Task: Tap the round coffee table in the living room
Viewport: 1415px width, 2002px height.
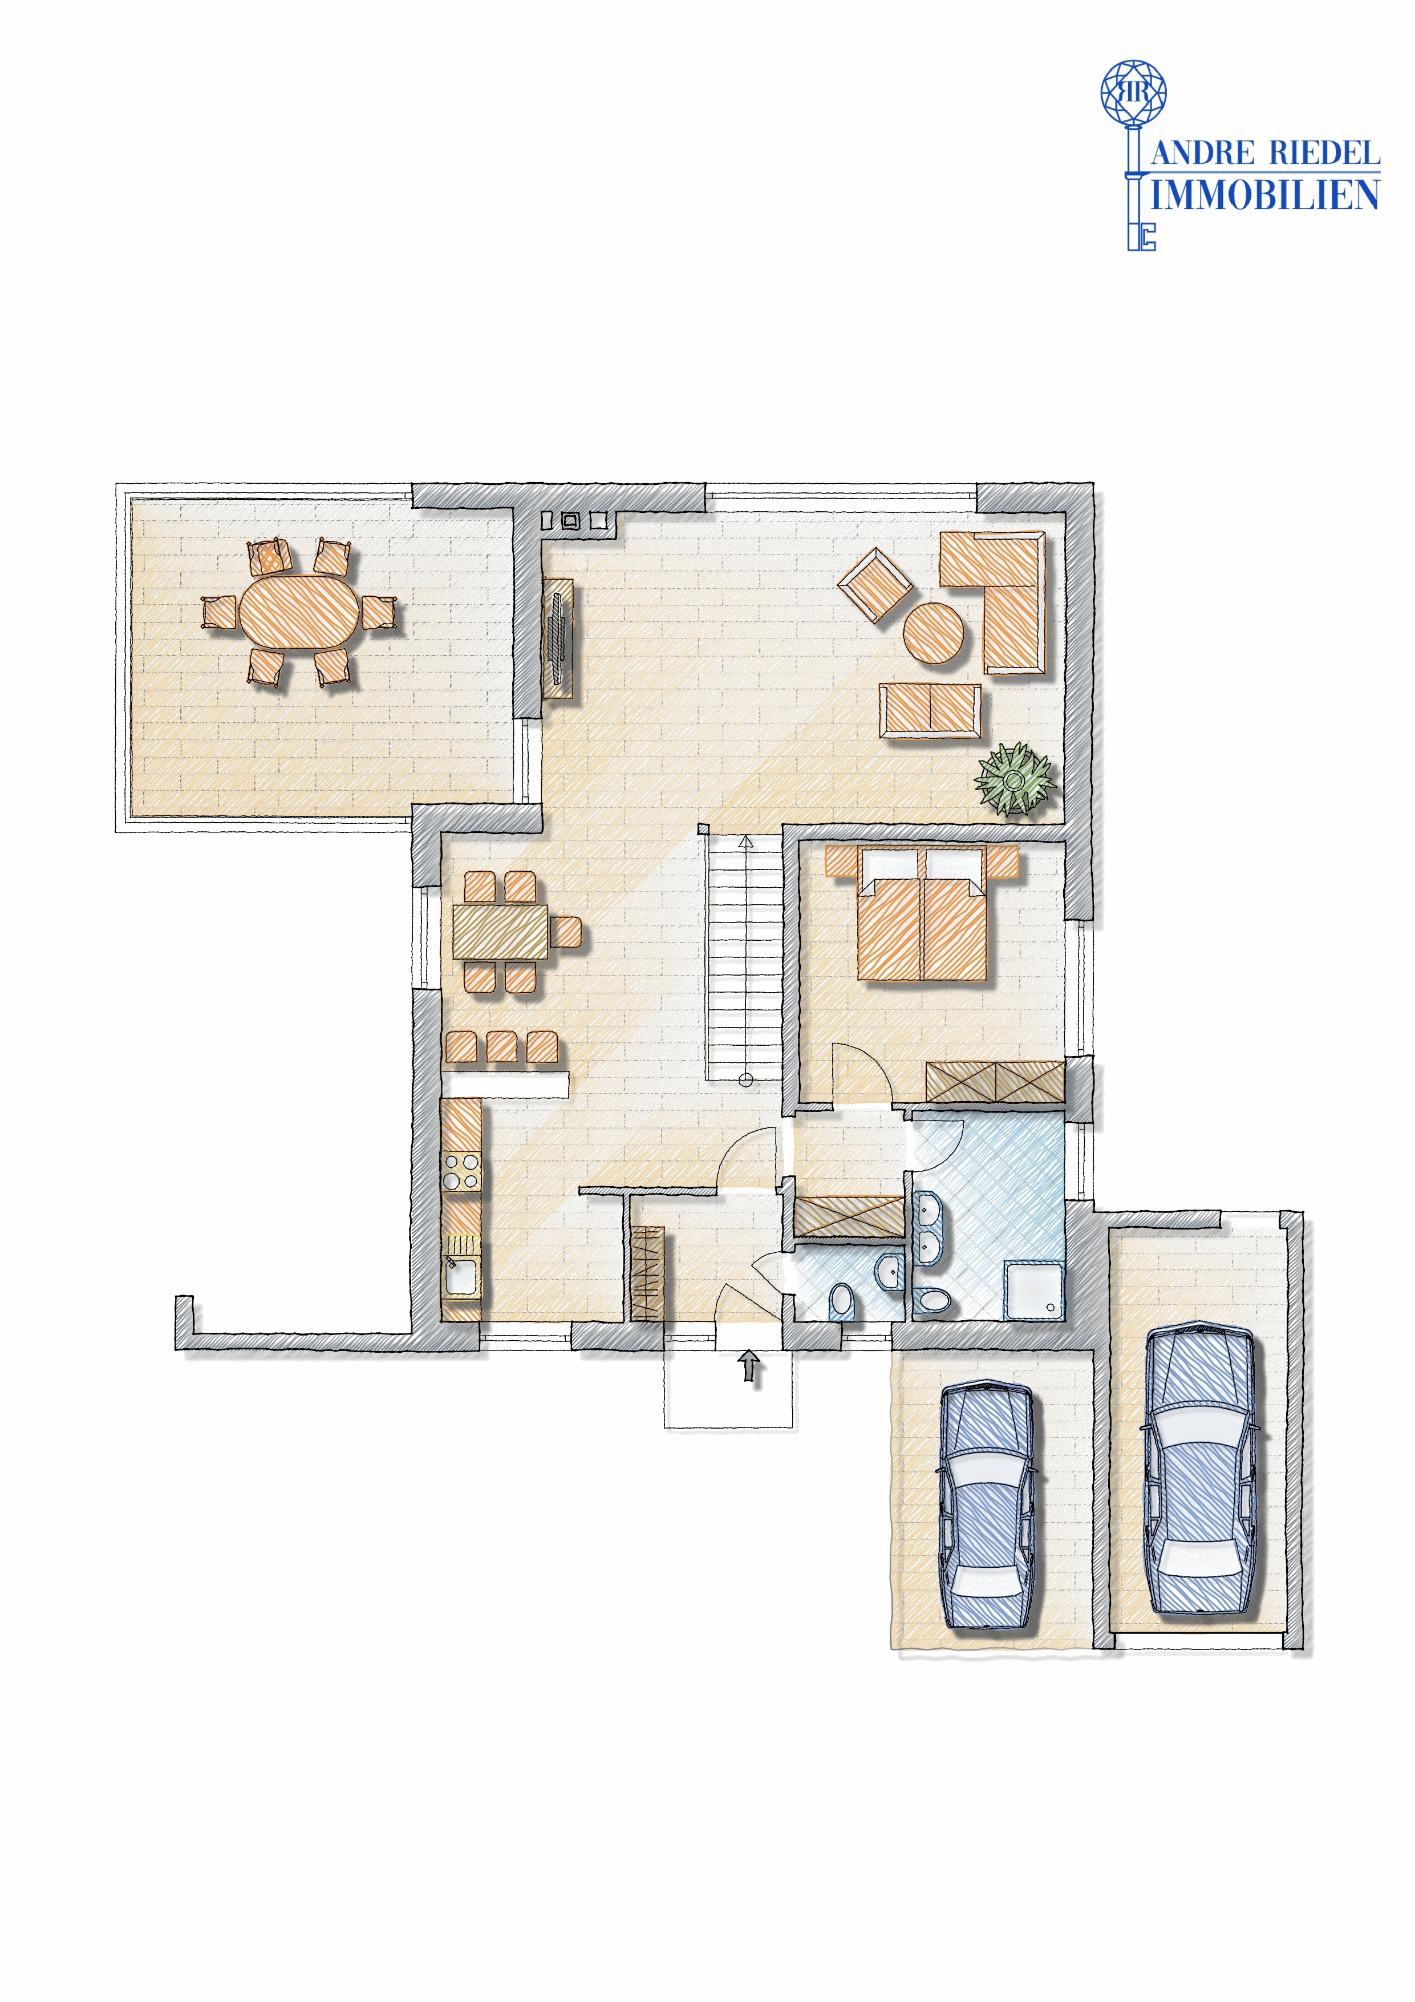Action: (933, 633)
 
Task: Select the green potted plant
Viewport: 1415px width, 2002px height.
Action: (1015, 779)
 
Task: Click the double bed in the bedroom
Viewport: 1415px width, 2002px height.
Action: (922, 925)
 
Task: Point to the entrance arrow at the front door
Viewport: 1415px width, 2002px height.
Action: (749, 1366)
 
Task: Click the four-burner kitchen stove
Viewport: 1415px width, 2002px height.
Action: (461, 1171)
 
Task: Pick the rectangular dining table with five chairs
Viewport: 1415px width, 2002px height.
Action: (500, 932)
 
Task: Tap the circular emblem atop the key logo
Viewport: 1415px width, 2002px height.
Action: (1133, 91)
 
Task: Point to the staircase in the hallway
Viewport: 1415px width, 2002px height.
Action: (744, 959)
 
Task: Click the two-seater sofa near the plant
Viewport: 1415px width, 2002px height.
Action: (930, 711)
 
